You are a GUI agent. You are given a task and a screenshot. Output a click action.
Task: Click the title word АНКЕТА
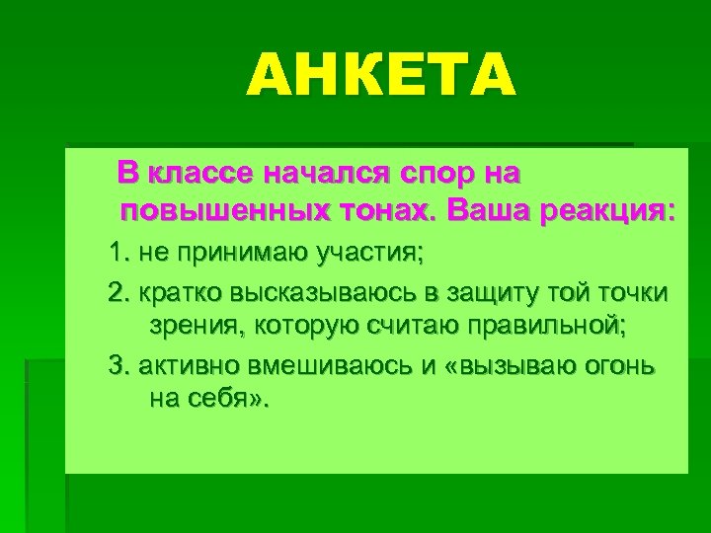[x=381, y=76]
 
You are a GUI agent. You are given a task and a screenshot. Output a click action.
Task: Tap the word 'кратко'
[x=175, y=294]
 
